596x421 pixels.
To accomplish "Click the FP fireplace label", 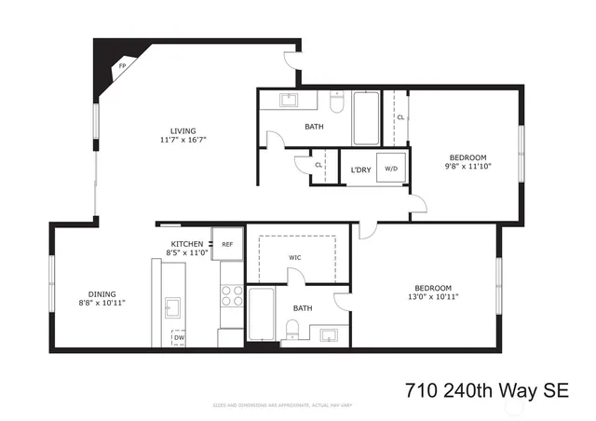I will pos(121,67).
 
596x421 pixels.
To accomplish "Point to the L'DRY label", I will pos(360,170).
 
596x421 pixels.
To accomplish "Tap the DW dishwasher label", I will pos(178,337).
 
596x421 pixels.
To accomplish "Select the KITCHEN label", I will pos(186,243).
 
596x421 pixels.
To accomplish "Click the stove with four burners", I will pos(232,296).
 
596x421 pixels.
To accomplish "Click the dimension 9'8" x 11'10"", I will pos(467,167).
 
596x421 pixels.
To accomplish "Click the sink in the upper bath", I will pos(288,99).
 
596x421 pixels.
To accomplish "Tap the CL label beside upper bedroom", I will pos(400,118).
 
